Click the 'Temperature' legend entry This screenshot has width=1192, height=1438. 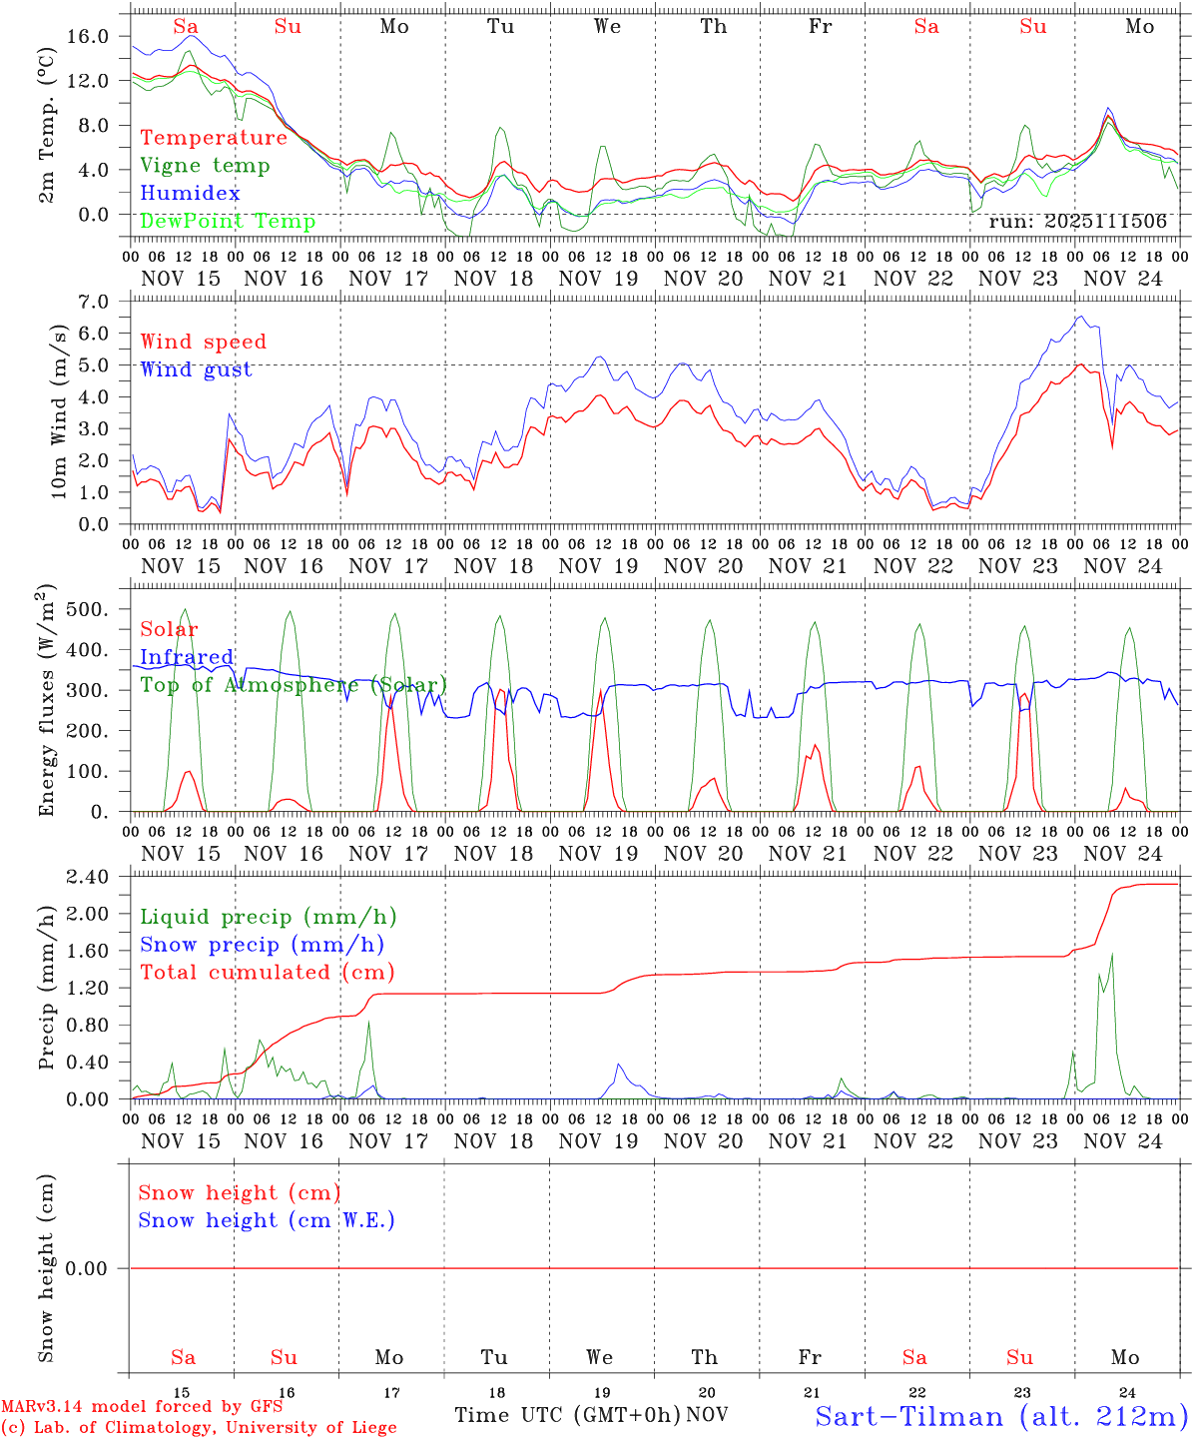[x=214, y=138]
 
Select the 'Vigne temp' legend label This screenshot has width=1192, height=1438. [x=205, y=166]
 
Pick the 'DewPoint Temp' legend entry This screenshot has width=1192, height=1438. [x=228, y=221]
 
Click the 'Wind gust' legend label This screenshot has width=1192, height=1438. [x=196, y=369]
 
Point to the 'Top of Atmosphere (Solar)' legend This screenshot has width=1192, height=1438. [x=294, y=685]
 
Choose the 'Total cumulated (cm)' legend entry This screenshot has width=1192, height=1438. [x=268, y=972]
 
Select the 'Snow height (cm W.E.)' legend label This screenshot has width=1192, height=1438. [x=267, y=1220]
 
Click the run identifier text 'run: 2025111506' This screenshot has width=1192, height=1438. [x=1077, y=221]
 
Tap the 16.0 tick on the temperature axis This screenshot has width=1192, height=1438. [x=88, y=36]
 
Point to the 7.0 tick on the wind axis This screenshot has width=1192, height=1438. [x=92, y=301]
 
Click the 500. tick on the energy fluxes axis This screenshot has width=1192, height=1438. [x=88, y=609]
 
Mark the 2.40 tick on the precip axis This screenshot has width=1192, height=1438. [x=87, y=877]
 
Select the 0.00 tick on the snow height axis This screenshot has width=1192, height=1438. [x=87, y=1268]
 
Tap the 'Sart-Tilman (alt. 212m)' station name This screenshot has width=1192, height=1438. [x=1001, y=1416]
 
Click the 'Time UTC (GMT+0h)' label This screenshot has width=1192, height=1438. [x=567, y=1415]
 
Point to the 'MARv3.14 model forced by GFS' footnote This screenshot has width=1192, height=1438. [x=142, y=1407]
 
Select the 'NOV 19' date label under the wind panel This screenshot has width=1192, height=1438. [x=598, y=566]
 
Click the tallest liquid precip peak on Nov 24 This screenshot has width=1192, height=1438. [x=1111, y=955]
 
